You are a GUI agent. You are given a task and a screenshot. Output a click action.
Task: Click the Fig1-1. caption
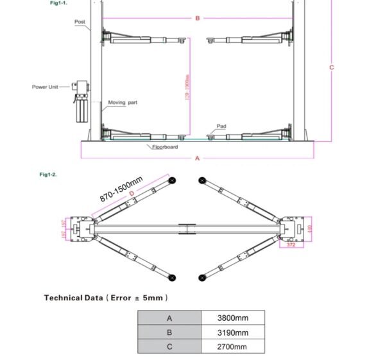[x=59, y=3]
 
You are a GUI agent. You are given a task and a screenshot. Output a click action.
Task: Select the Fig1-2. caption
[x=48, y=174]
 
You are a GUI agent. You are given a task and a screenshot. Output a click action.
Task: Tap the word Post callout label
[x=80, y=21]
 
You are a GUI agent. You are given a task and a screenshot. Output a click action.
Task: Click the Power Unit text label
[x=45, y=87]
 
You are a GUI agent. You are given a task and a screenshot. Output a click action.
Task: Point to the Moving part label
[x=123, y=102]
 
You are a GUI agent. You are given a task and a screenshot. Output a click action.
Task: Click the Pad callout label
[x=221, y=126]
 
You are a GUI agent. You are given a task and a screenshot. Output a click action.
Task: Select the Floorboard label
[x=165, y=147]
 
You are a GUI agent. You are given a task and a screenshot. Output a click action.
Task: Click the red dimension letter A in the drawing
[x=197, y=158]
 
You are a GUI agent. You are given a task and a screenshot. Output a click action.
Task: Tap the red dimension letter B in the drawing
[x=198, y=18]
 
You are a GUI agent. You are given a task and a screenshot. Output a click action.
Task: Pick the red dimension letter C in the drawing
[x=332, y=67]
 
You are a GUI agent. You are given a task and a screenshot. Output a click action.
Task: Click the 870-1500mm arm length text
[x=121, y=188]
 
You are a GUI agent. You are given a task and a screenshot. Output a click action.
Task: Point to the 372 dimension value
[x=291, y=244]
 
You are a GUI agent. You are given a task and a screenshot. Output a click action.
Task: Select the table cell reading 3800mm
[x=233, y=318]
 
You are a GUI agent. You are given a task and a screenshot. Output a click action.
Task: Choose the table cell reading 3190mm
[x=233, y=332]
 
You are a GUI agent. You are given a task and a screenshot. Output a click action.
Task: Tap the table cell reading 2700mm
[x=233, y=347]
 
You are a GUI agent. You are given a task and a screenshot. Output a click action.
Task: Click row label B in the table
[x=169, y=332]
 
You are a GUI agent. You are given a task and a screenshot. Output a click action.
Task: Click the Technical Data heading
[x=106, y=298]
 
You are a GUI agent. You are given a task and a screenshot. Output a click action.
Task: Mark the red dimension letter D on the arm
[x=132, y=193]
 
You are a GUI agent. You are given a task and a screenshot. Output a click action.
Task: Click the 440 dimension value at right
[x=309, y=228]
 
